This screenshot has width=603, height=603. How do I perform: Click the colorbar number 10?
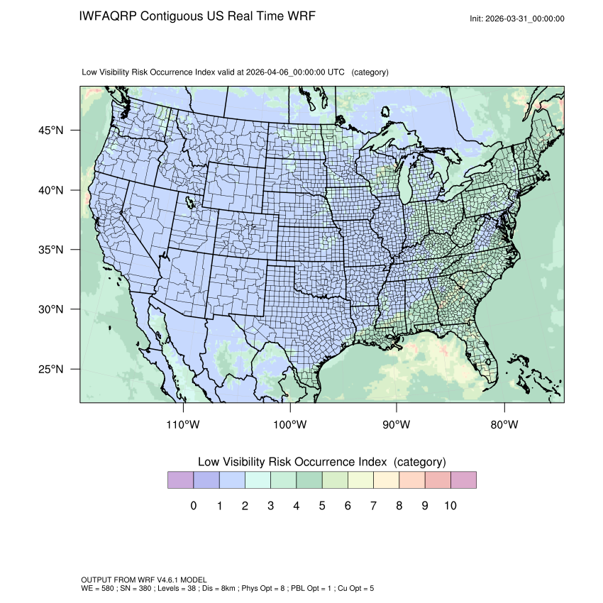coord(450,506)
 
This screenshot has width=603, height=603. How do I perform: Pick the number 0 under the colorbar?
coord(193,506)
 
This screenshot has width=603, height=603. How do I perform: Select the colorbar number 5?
coord(321,506)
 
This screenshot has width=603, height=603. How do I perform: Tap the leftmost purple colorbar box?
coord(180,480)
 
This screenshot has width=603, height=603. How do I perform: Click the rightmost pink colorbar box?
coord(463,480)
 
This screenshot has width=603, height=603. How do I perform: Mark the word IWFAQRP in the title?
coord(109,16)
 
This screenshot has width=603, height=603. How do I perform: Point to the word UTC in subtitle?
coord(338,72)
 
